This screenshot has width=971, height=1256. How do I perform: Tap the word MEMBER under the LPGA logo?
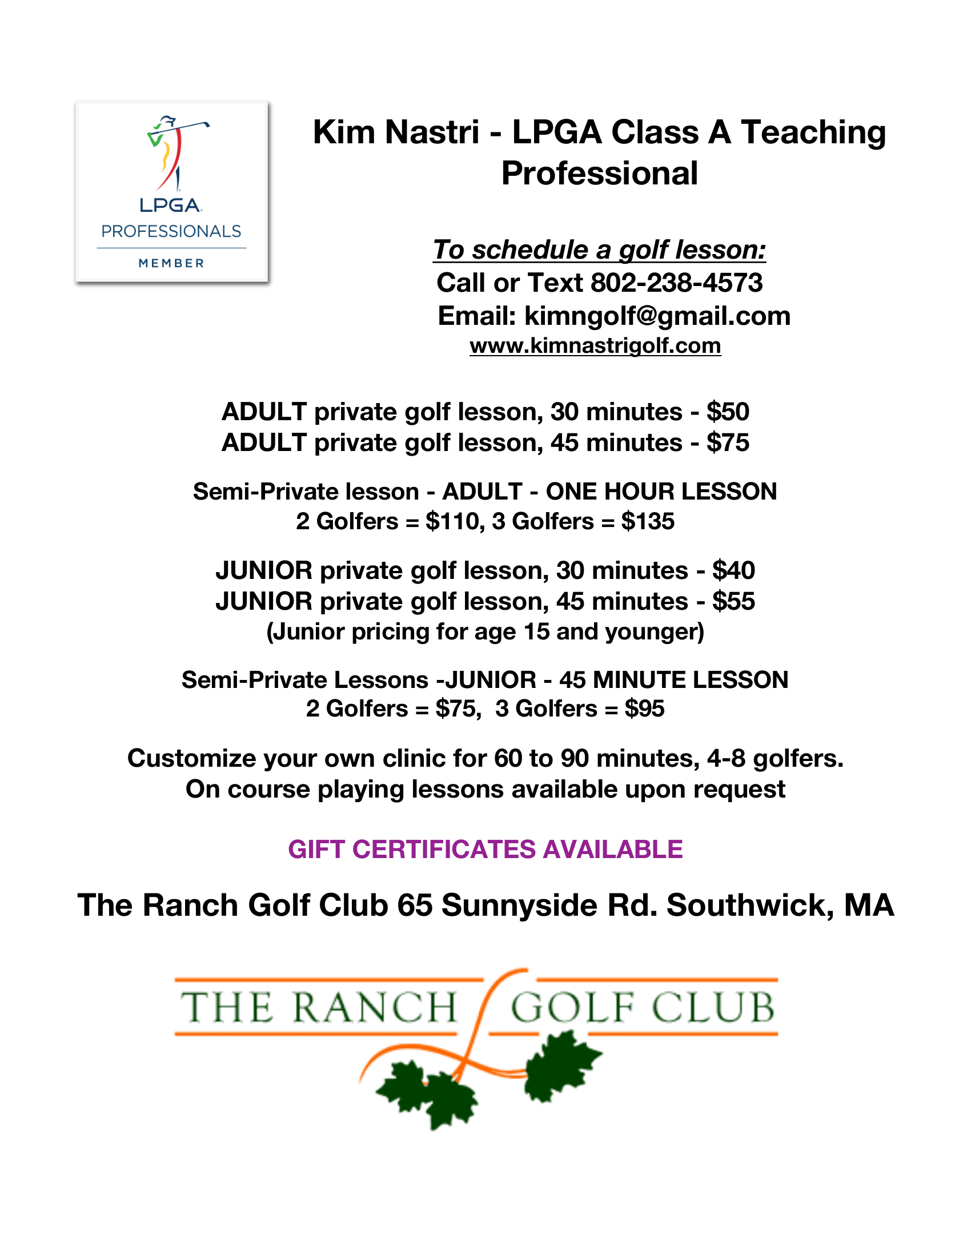tap(171, 263)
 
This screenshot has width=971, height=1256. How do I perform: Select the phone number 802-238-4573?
tap(676, 283)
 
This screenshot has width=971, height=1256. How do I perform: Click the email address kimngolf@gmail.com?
tap(657, 316)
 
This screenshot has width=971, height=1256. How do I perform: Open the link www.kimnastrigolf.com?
tap(595, 346)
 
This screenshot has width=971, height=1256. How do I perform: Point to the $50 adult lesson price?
tap(728, 412)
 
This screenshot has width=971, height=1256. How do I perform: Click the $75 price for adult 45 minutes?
tap(728, 443)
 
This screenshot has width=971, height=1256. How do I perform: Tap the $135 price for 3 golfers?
tap(648, 522)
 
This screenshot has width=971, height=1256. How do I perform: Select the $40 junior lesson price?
tap(733, 570)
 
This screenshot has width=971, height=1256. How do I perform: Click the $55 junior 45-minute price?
tap(733, 602)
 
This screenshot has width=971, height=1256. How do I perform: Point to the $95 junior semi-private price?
tap(644, 708)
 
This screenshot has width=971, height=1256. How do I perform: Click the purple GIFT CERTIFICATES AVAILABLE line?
tap(485, 850)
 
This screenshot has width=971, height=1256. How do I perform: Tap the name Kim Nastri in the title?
tap(396, 132)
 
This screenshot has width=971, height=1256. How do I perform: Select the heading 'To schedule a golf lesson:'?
tap(599, 250)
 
